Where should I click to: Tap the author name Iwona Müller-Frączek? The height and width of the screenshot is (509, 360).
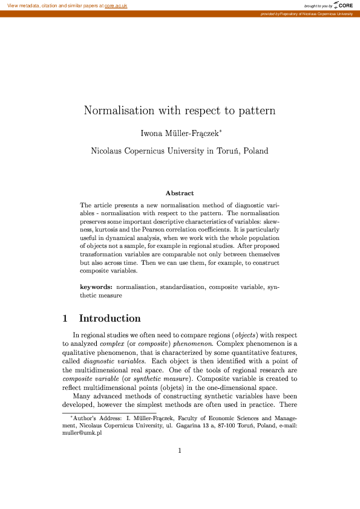(180, 132)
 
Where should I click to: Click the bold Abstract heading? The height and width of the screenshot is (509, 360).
(180, 193)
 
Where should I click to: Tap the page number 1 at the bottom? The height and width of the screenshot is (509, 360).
(180, 450)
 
